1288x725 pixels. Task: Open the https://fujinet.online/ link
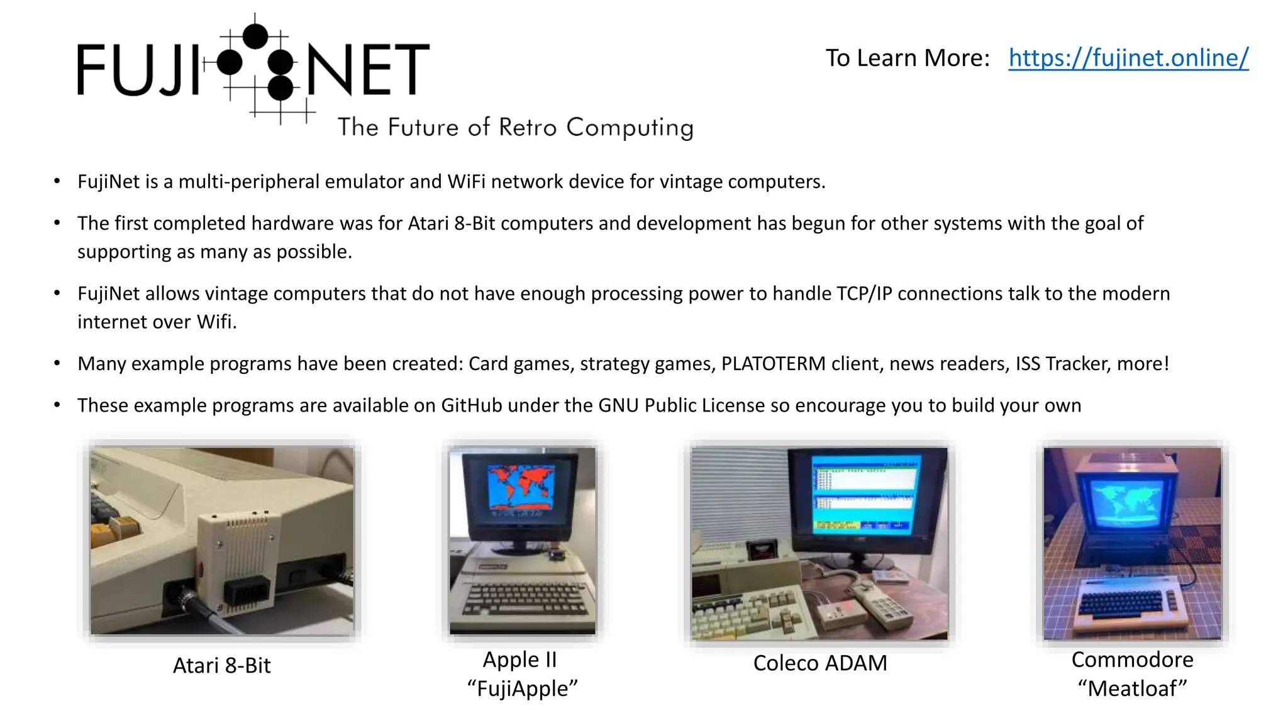point(1128,58)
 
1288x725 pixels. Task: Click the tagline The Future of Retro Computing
point(515,127)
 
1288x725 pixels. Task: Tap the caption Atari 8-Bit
point(221,665)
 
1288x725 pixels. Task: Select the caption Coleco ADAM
point(820,663)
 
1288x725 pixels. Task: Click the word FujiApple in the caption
point(522,688)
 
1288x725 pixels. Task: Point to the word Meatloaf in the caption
point(1132,688)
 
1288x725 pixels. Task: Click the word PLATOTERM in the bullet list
point(773,364)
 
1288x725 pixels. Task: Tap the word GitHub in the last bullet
point(471,405)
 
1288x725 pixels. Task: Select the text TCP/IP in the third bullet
point(864,294)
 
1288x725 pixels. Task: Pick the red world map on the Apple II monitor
point(521,487)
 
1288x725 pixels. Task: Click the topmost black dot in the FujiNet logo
point(255,36)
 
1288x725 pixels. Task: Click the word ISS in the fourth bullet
point(1028,364)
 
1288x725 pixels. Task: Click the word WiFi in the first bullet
point(466,182)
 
